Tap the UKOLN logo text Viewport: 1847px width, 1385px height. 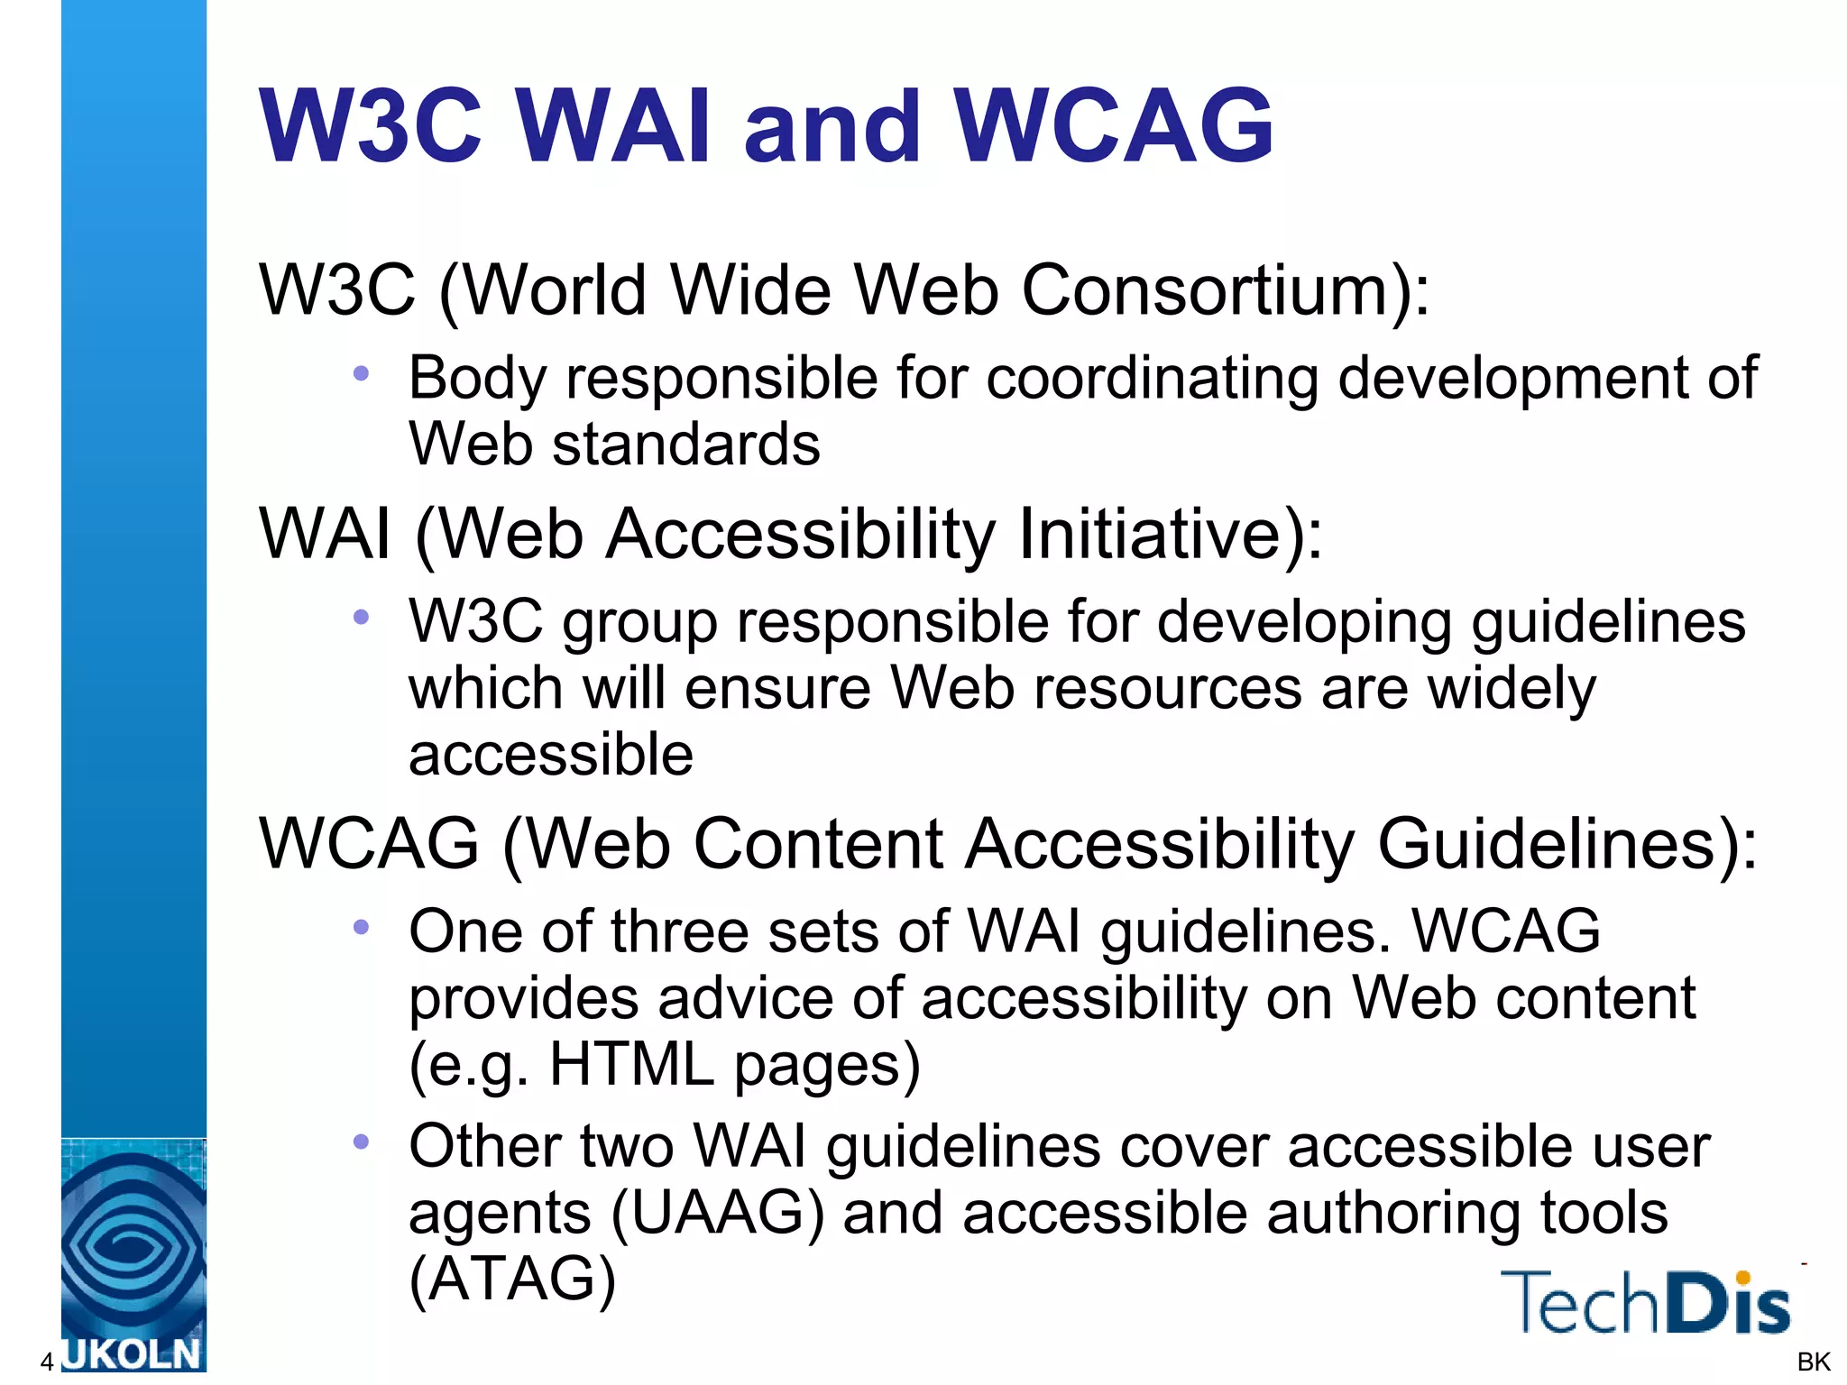(132, 1355)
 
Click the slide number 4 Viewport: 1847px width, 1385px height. (47, 1362)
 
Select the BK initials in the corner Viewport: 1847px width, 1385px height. (1813, 1362)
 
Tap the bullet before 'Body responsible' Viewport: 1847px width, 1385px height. (362, 372)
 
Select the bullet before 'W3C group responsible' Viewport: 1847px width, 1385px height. (362, 617)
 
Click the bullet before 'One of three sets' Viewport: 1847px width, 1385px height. (362, 926)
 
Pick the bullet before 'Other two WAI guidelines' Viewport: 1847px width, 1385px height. (362, 1142)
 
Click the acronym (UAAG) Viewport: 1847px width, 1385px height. (717, 1213)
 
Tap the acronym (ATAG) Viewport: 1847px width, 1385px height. (512, 1279)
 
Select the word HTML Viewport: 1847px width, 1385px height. (631, 1064)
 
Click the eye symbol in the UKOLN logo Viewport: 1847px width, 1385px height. (132, 1245)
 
